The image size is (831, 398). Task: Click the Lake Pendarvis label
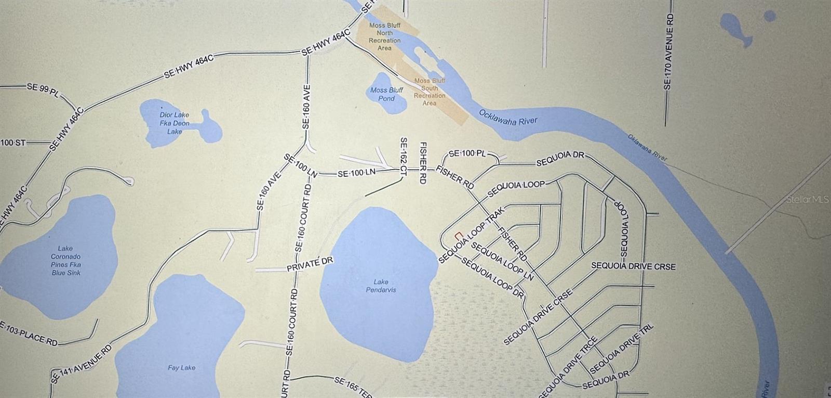[x=381, y=286]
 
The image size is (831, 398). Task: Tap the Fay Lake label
[x=181, y=368]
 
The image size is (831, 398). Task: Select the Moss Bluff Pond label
[x=386, y=94]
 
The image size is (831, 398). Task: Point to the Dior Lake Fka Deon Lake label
[x=175, y=123]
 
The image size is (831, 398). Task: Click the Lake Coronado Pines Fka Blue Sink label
[x=66, y=261]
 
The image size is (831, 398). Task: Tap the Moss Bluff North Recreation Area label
[x=384, y=36]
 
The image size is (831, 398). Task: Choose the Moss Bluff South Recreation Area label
[x=430, y=92]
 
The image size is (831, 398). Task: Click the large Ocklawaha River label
[x=507, y=118]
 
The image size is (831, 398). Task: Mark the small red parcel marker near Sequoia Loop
[x=458, y=235]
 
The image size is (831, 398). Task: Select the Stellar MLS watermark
[x=807, y=199]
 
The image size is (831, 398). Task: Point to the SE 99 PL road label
[x=44, y=88]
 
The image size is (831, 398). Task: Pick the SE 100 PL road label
[x=466, y=153]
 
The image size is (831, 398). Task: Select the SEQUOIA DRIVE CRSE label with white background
[x=633, y=266]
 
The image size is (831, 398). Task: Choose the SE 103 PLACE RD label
[x=30, y=335]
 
